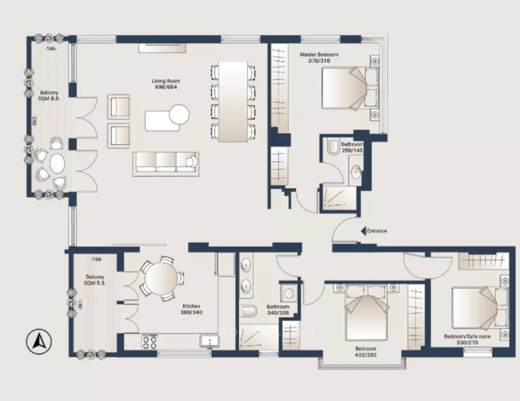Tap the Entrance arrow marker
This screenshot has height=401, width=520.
point(363,231)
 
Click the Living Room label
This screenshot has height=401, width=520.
point(166,81)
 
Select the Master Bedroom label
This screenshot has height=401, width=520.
point(319,55)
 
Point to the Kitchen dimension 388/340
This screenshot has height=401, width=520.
point(192,313)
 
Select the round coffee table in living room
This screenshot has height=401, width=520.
point(179,114)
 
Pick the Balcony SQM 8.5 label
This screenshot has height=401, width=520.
point(49,96)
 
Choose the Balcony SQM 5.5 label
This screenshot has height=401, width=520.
point(95,280)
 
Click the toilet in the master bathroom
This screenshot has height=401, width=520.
point(334,146)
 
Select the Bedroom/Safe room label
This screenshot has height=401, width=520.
point(467,337)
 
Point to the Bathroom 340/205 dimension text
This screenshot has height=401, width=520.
point(278,313)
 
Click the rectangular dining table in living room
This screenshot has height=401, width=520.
point(232,101)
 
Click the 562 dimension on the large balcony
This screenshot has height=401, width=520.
point(34,120)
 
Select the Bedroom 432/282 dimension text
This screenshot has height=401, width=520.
point(366,355)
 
